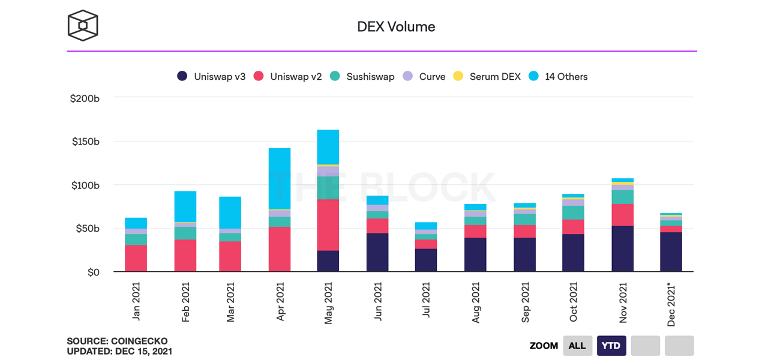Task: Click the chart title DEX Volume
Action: [x=396, y=26]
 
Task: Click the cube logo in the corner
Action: [x=83, y=25]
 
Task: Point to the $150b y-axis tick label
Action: [x=85, y=142]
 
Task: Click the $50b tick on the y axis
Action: [x=88, y=229]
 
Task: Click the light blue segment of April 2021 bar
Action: [x=280, y=178]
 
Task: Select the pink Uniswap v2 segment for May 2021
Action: [x=328, y=225]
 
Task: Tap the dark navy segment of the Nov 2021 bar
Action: [x=623, y=249]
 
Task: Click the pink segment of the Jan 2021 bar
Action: [x=136, y=259]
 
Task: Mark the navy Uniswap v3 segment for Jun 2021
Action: [x=377, y=253]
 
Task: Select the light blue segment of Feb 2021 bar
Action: [x=185, y=206]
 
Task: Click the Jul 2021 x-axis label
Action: [x=426, y=303]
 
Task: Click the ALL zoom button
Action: [x=577, y=346]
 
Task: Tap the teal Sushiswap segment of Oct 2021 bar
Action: [x=573, y=213]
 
